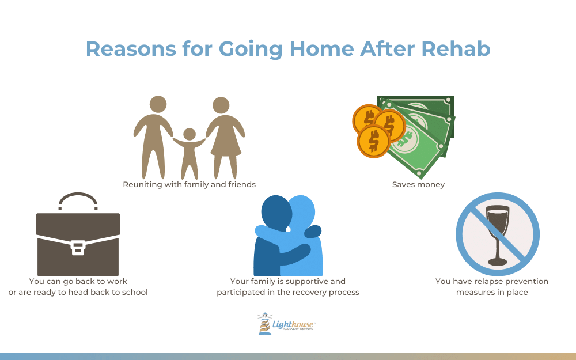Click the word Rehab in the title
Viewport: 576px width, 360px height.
pyautogui.click(x=456, y=48)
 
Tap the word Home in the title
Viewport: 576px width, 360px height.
pyautogui.click(x=322, y=48)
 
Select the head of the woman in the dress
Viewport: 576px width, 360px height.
pyautogui.click(x=221, y=105)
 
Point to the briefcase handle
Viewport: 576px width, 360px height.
pyautogui.click(x=78, y=200)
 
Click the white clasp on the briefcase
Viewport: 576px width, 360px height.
pyautogui.click(x=78, y=248)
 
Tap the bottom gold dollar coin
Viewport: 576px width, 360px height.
pyautogui.click(x=374, y=141)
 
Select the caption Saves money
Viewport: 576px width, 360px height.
pyautogui.click(x=418, y=184)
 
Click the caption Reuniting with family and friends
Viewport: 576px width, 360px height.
pyautogui.click(x=189, y=184)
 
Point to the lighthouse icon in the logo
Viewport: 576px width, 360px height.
pyautogui.click(x=264, y=324)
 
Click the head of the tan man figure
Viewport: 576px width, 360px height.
pyautogui.click(x=158, y=104)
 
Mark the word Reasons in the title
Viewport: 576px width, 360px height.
pyautogui.click(x=131, y=48)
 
